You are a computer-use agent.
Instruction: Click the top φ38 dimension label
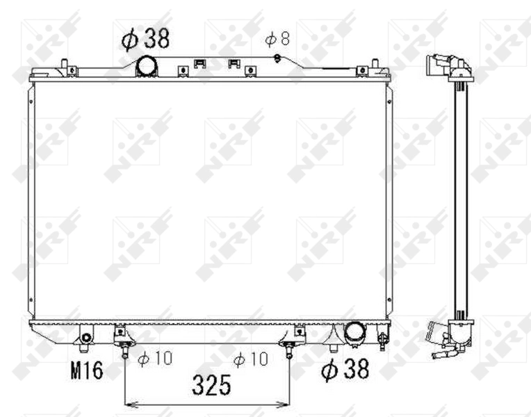(145, 39)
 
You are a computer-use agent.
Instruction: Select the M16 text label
(86, 370)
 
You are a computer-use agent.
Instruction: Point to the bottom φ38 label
(345, 370)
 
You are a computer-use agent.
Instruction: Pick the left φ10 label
(154, 359)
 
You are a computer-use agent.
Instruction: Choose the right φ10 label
(250, 359)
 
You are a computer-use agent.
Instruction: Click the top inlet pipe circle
(147, 66)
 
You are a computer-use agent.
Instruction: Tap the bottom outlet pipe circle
(354, 333)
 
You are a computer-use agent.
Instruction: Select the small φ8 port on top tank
(277, 57)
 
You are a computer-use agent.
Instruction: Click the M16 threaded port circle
(85, 338)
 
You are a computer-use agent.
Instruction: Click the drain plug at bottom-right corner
(382, 339)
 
